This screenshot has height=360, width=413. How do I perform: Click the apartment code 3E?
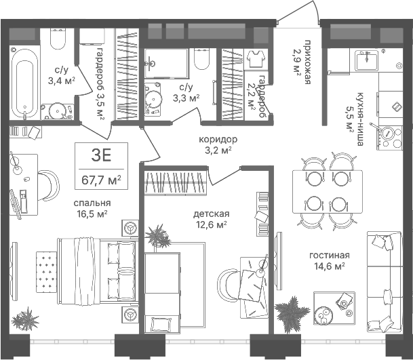pos(101,155)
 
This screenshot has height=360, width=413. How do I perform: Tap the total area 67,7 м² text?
pos(101,180)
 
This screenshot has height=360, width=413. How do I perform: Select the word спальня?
pos(92,203)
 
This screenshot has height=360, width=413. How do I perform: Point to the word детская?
pos(211,214)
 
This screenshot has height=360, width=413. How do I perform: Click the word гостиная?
pos(330,256)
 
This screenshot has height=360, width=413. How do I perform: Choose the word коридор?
pos(218,139)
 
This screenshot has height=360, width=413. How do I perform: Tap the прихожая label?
pos(308,62)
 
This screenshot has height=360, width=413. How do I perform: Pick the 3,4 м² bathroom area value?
pos(61,81)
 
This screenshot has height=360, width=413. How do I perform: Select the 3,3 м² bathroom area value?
pos(186,98)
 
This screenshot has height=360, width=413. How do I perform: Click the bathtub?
pos(25,83)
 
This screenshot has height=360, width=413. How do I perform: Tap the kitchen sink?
pos(366,61)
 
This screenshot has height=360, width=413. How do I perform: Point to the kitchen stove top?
pos(391,138)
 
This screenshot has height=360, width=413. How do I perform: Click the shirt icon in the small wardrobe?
pos(256,59)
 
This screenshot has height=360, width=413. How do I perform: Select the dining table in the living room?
pos(328,192)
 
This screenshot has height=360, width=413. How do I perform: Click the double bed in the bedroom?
pos(98,271)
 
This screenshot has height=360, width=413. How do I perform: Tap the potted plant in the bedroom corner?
pos(25,319)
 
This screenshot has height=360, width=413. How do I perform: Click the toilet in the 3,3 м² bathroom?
pos(202,59)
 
